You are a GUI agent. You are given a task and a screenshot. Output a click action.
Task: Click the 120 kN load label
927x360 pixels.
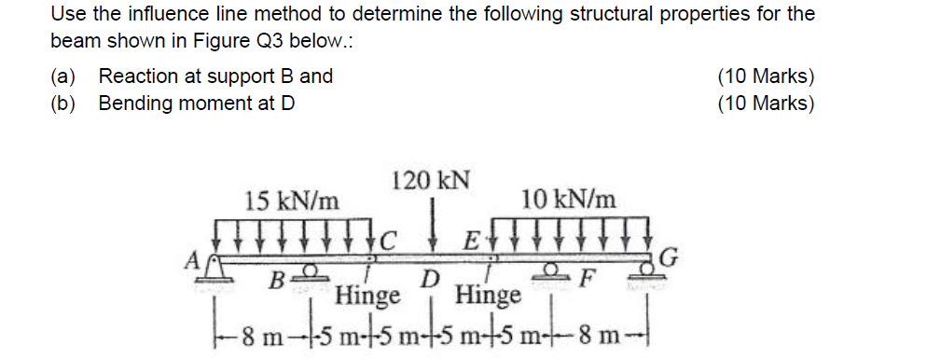[x=431, y=181]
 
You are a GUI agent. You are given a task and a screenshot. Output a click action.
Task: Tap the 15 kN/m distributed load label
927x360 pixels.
[x=292, y=202]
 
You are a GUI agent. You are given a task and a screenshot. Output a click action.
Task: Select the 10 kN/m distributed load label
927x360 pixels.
[x=568, y=201]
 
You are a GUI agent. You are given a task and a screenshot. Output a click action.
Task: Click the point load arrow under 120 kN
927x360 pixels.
[x=434, y=226]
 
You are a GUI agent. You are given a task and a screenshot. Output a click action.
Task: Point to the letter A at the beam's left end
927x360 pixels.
[x=191, y=259]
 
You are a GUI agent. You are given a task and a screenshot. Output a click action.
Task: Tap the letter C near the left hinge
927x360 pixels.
[x=387, y=241]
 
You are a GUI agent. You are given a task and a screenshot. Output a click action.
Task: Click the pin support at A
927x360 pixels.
[x=214, y=270]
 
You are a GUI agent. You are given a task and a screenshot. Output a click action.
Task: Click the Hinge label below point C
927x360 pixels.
[x=367, y=295]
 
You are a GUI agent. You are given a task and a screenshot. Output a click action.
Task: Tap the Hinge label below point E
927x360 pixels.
[x=490, y=295]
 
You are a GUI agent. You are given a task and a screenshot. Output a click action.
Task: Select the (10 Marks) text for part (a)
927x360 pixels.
[x=767, y=76]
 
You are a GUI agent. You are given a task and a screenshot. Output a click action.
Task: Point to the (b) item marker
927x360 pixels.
[x=63, y=104]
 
